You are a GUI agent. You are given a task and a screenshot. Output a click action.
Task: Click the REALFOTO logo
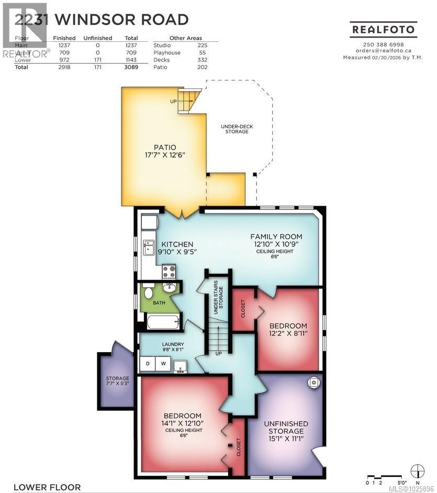(384, 30)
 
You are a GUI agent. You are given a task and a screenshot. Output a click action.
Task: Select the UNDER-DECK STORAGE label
(234, 128)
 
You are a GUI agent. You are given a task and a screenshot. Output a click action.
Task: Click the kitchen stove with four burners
(169, 271)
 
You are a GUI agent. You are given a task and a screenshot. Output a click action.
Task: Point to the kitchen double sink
(149, 246)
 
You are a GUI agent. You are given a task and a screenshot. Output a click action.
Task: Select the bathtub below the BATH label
(163, 321)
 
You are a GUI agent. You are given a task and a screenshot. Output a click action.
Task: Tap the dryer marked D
(148, 363)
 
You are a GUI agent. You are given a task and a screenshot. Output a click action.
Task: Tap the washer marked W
(163, 363)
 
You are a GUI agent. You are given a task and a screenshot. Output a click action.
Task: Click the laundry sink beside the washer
(181, 366)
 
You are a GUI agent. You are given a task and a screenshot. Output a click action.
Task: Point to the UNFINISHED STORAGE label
(286, 427)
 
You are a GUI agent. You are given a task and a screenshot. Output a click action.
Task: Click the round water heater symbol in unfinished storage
(313, 383)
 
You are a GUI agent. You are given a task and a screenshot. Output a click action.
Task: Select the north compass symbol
(417, 470)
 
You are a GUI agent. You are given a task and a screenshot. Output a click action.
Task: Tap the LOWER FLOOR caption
(47, 487)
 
